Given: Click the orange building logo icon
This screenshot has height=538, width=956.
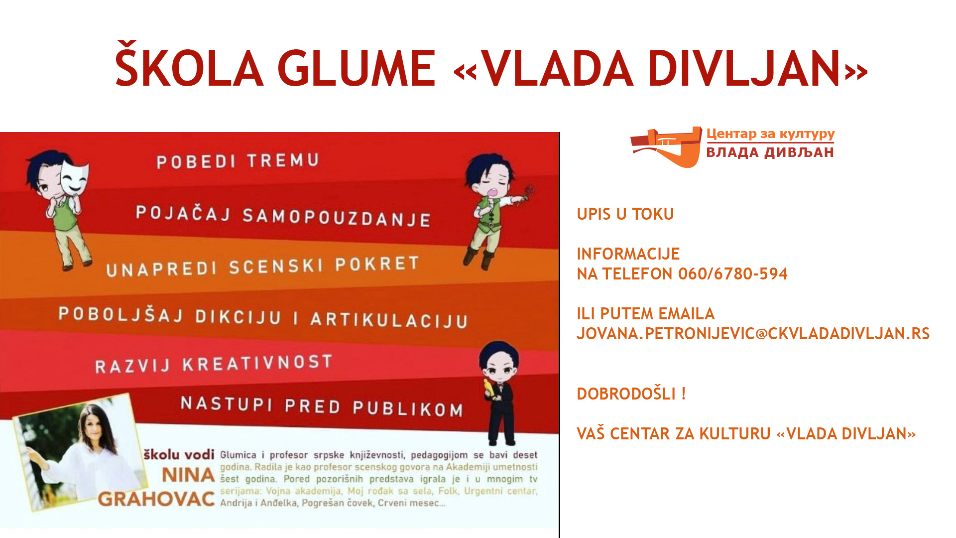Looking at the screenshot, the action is click(x=666, y=147).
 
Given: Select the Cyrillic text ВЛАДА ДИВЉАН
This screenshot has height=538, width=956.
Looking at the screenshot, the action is click(x=770, y=152).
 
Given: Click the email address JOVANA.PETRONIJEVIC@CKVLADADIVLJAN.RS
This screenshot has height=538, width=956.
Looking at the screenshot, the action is click(x=753, y=333).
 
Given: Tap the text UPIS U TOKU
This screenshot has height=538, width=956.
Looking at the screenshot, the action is click(x=625, y=214).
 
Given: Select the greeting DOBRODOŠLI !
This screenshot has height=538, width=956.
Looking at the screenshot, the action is click(x=631, y=393).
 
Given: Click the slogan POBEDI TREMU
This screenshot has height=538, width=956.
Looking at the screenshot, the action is click(x=238, y=161).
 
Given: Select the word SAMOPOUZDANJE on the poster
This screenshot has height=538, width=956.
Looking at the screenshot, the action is click(x=337, y=217).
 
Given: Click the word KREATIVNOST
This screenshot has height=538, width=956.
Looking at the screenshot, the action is click(x=257, y=363).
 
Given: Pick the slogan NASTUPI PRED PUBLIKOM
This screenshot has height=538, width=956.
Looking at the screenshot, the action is click(x=322, y=406).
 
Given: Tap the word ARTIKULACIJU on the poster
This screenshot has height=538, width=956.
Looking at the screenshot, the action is click(x=389, y=319).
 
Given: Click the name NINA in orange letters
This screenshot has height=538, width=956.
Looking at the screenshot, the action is click(x=189, y=475).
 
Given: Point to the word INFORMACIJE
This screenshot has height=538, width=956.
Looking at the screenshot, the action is click(x=628, y=254).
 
